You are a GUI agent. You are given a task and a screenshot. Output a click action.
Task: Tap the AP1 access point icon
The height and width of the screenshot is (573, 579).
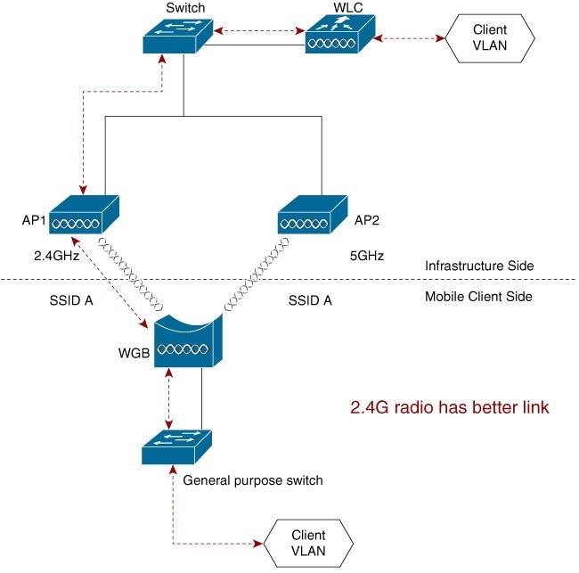83,214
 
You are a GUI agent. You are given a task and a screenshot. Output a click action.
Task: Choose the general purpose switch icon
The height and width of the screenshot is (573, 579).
176,445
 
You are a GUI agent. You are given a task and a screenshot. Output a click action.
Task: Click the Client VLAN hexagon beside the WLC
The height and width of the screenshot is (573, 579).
490,37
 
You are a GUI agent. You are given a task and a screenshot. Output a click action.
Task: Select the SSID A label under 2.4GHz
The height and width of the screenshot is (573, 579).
72,300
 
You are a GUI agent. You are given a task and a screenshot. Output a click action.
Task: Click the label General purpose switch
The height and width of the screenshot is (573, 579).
252,480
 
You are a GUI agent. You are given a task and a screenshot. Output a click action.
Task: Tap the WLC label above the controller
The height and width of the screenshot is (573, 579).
342,7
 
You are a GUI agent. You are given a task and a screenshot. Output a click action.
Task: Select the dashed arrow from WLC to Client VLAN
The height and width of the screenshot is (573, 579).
409,38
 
